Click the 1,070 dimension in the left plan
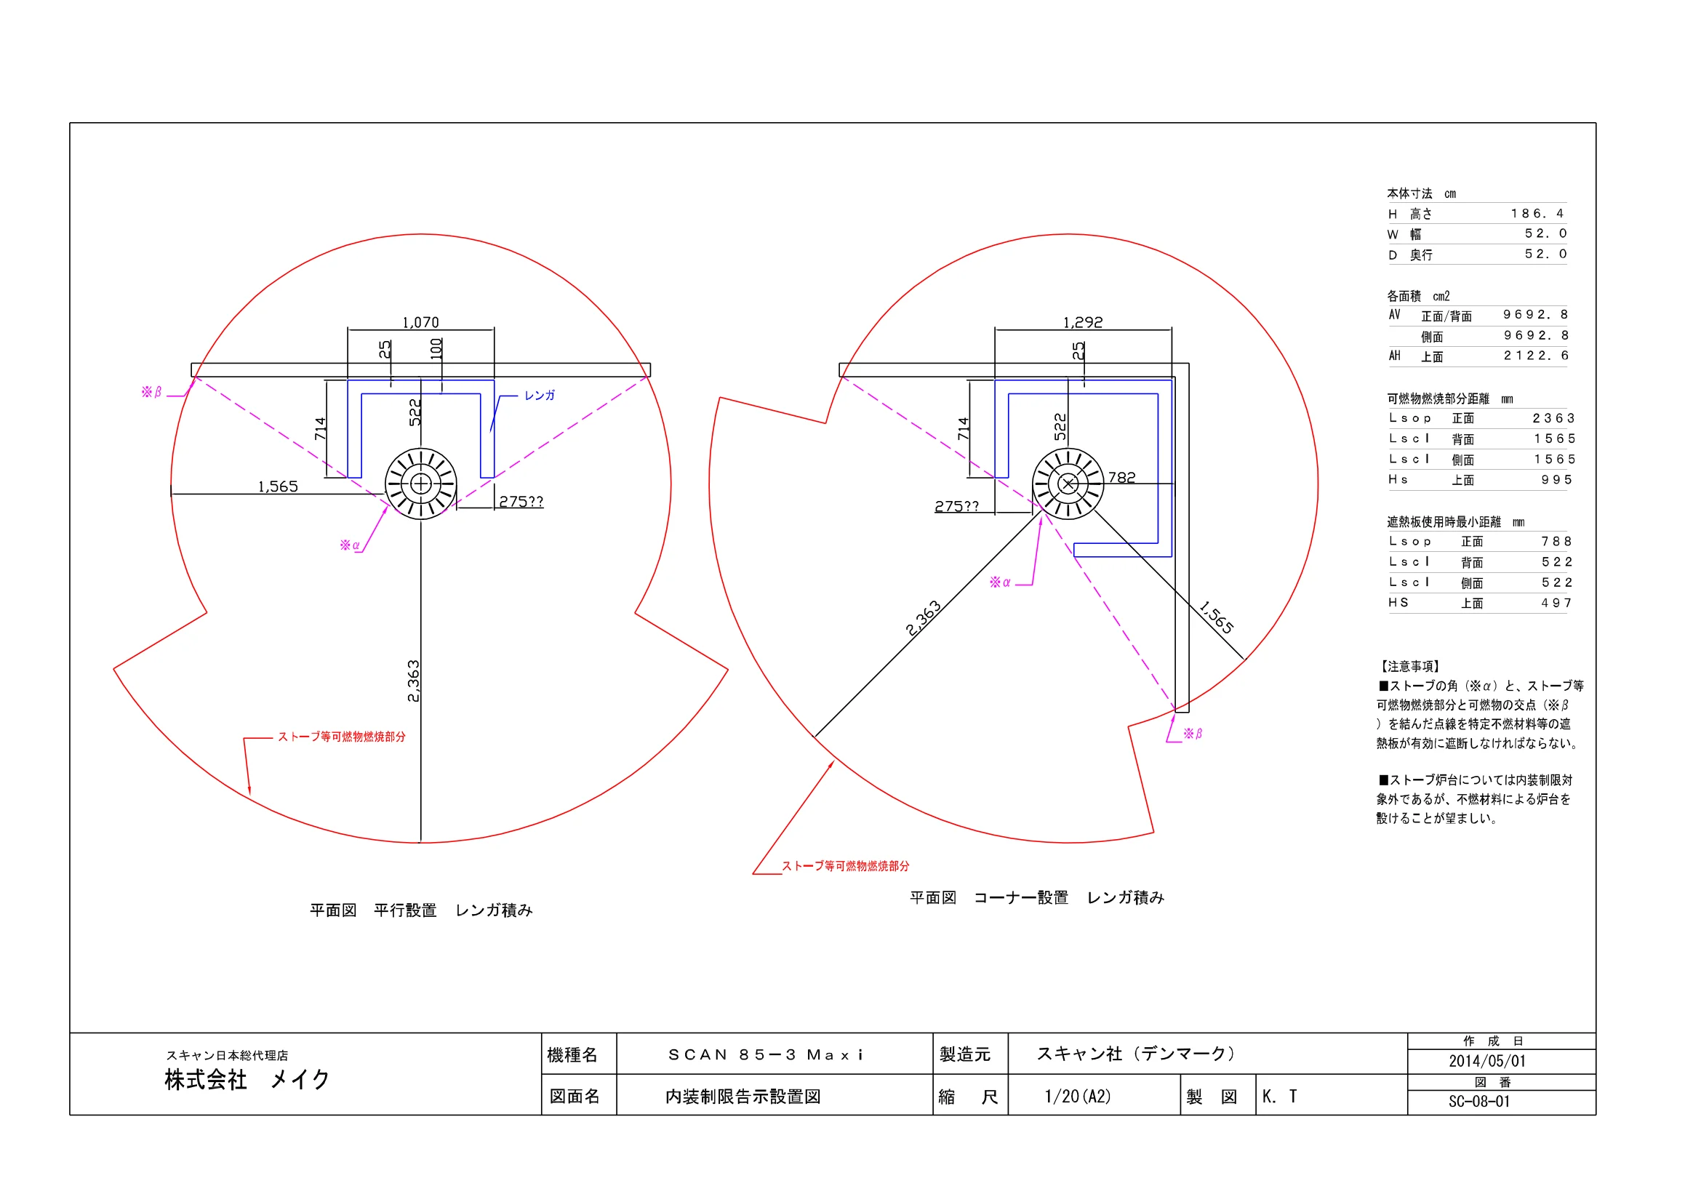point(421,322)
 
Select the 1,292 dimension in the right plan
point(1083,322)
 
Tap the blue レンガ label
point(540,396)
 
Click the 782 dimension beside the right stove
point(1121,478)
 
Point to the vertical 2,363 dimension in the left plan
point(413,681)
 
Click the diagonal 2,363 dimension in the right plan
point(923,617)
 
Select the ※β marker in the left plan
point(151,392)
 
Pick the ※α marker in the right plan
point(1000,582)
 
